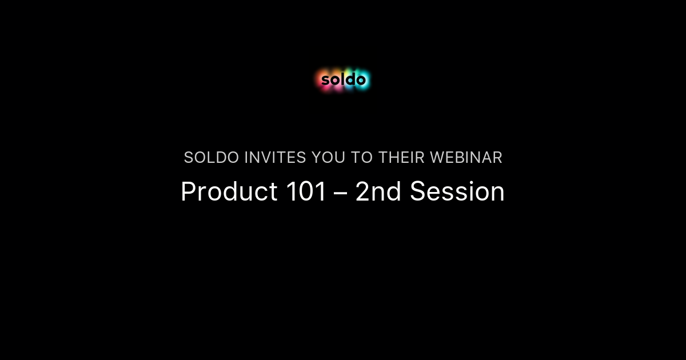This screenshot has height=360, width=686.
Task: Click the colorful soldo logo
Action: click(343, 80)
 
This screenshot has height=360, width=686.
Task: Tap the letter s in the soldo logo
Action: click(325, 81)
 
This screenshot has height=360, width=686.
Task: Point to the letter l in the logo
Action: click(343, 79)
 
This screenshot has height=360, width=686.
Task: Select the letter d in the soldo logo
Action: click(350, 79)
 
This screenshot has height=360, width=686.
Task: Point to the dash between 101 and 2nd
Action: click(341, 193)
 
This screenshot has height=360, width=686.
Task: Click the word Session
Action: click(457, 192)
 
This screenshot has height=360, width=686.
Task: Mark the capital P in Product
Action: click(188, 192)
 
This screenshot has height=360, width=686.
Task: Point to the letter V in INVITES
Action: click(271, 158)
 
